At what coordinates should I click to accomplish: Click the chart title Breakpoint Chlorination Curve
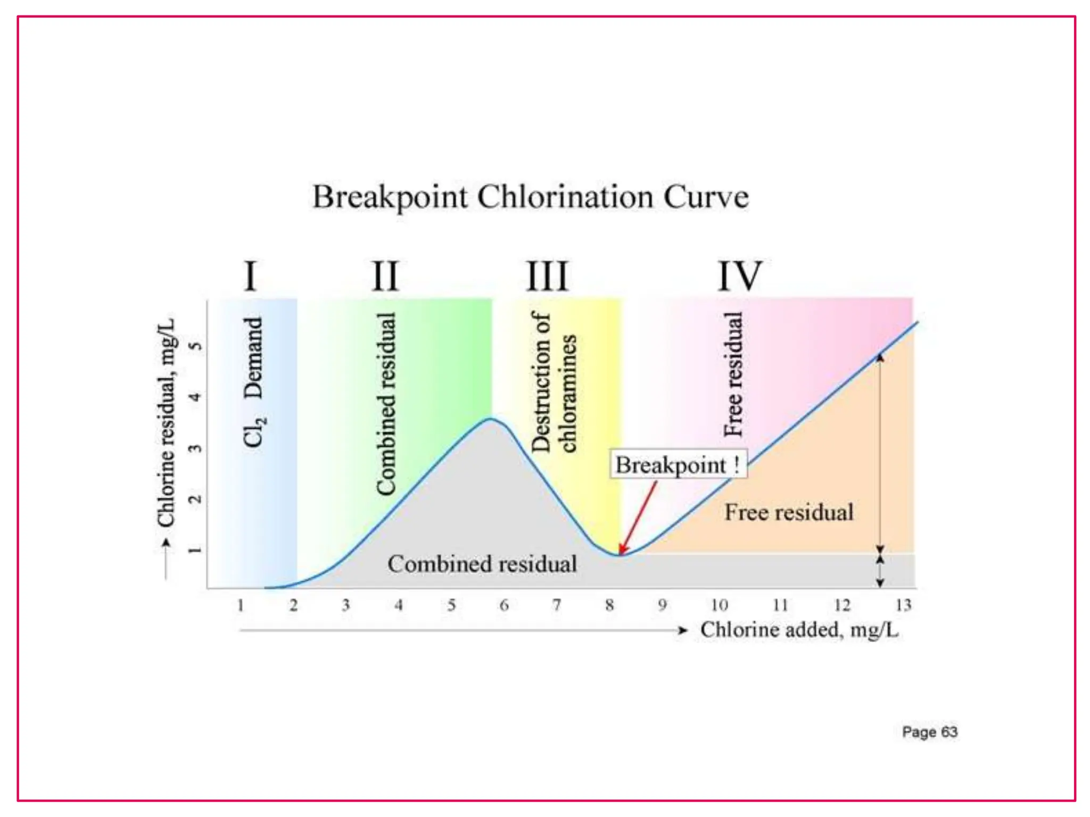pyautogui.click(x=530, y=197)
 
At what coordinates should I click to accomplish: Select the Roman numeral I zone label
pyautogui.click(x=250, y=276)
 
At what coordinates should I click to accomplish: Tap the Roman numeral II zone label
pyautogui.click(x=385, y=276)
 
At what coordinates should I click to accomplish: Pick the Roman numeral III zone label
pyautogui.click(x=547, y=276)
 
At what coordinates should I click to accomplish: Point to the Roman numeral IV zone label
pyautogui.click(x=740, y=276)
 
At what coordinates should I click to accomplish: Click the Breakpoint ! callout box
pyautogui.click(x=678, y=465)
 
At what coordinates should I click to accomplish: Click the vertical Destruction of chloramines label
pyautogui.click(x=554, y=382)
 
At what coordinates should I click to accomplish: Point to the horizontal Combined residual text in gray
pyautogui.click(x=482, y=564)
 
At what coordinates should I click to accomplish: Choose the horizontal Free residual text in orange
pyautogui.click(x=789, y=512)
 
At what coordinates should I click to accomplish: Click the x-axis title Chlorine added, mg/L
pyautogui.click(x=799, y=630)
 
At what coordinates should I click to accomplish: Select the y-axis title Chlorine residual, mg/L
pyautogui.click(x=166, y=423)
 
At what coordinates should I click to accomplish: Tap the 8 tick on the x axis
pyautogui.click(x=609, y=605)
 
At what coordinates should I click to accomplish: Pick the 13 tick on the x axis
pyautogui.click(x=903, y=605)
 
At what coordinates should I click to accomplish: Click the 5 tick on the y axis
pyautogui.click(x=196, y=346)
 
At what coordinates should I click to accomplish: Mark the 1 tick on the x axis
pyautogui.click(x=241, y=605)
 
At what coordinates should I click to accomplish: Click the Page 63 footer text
pyautogui.click(x=930, y=732)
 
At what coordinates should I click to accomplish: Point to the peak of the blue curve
pyautogui.click(x=491, y=419)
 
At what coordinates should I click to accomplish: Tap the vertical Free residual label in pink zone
pyautogui.click(x=733, y=374)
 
